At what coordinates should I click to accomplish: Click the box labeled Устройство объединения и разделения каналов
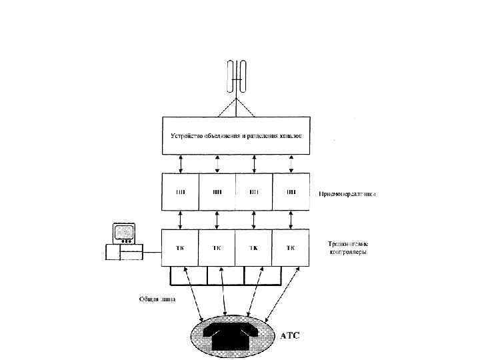236,135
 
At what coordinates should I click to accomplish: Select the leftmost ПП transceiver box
181,193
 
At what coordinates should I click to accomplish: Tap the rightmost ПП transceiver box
291,193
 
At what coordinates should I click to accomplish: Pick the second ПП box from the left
217,193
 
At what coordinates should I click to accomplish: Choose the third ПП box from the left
254,193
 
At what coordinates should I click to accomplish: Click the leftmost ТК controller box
181,248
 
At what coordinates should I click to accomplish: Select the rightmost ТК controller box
291,248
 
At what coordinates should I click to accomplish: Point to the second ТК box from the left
217,248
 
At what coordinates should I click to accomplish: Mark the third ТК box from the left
254,248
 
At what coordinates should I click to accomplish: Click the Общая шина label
157,299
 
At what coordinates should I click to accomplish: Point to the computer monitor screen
123,233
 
